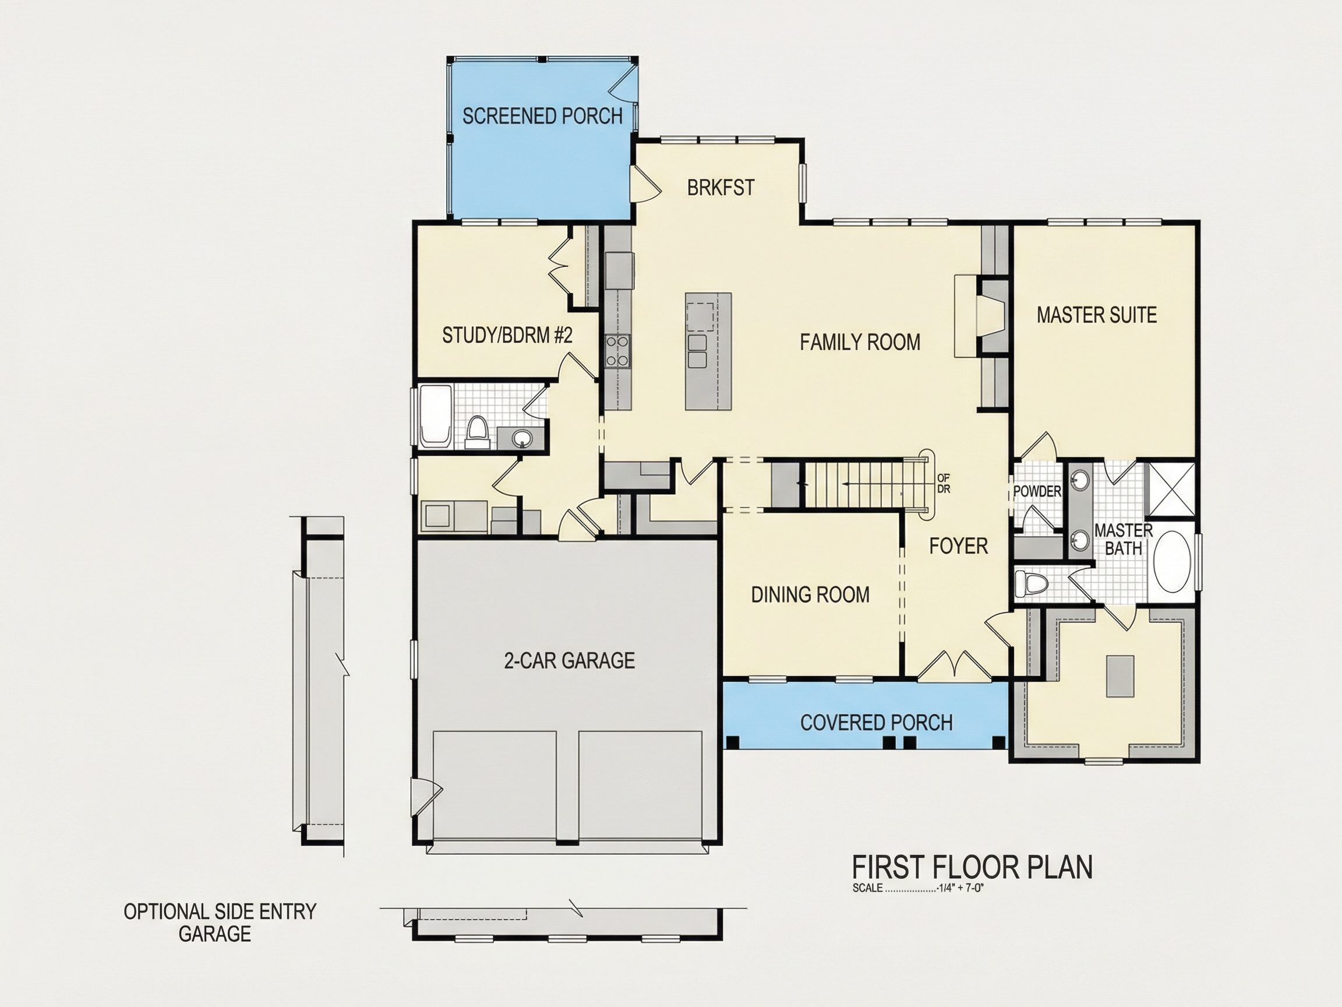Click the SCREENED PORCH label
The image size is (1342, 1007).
pos(542,116)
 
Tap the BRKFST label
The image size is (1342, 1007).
pos(721,188)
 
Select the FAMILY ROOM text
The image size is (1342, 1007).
pos(860,342)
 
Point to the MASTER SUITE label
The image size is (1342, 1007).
pos(1096,315)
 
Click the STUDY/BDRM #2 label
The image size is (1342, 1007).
pos(507,335)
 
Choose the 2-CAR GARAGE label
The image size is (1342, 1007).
pos(569,660)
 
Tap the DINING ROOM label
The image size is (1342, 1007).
pos(810,594)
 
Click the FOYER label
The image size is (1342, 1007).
pos(959,545)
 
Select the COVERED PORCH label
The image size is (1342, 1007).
pos(876,722)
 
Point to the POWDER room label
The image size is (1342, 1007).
pos(1037,491)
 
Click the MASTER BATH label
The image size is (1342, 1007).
pos(1123,539)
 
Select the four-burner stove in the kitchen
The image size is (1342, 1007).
pos(617,351)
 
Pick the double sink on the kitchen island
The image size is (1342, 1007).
pos(697,351)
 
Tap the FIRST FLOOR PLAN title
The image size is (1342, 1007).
pos(973,867)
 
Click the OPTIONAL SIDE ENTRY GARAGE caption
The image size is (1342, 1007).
pos(220,922)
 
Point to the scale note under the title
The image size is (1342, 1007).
pos(918,888)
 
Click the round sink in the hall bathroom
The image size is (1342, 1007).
pos(520,437)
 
